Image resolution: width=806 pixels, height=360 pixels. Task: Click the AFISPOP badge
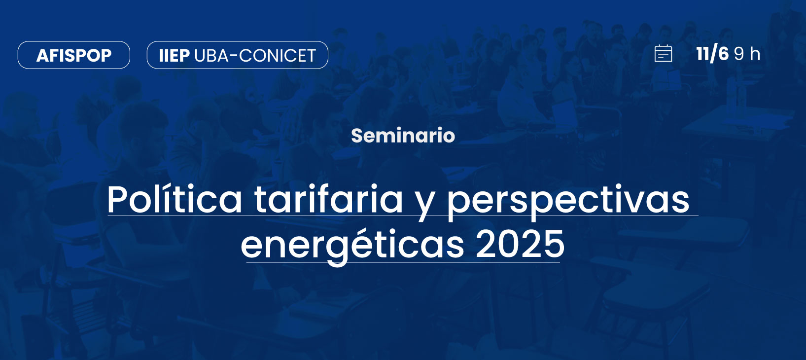(74, 55)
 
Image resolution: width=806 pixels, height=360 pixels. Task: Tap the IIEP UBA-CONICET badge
(238, 55)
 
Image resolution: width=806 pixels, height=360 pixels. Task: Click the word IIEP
(174, 55)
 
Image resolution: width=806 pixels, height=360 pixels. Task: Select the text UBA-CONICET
(255, 55)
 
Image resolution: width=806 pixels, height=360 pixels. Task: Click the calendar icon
(663, 54)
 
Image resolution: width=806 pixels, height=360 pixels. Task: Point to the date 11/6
(712, 54)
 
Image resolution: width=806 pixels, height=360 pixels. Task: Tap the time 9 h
(747, 54)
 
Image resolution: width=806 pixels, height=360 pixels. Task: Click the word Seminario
(403, 136)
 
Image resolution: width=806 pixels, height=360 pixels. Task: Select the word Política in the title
(175, 199)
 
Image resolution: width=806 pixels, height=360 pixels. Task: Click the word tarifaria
(328, 199)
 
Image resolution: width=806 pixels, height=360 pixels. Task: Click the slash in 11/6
(713, 54)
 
